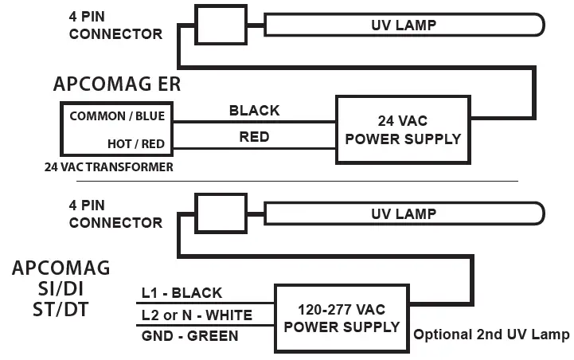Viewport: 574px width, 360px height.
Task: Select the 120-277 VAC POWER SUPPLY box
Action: (x=342, y=319)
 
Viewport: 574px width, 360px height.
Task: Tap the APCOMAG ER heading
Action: (x=117, y=85)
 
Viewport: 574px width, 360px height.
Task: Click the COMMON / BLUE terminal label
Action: (x=117, y=116)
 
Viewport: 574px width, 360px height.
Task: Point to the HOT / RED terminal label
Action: (x=136, y=144)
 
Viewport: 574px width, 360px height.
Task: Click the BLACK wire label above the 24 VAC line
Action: (x=254, y=111)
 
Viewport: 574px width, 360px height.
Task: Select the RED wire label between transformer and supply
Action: (x=254, y=137)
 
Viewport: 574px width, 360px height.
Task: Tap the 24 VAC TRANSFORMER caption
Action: (x=109, y=167)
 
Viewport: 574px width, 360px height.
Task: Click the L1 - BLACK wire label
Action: (x=182, y=293)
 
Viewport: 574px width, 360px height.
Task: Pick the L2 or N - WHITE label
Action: (x=197, y=315)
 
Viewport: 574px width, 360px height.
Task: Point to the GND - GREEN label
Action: (x=189, y=336)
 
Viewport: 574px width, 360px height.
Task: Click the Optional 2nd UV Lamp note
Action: (x=491, y=335)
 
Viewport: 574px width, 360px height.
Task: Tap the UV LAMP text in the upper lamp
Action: (x=404, y=25)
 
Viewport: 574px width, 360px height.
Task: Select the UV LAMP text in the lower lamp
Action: (x=404, y=213)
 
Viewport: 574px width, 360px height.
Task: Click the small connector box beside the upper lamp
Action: (x=220, y=26)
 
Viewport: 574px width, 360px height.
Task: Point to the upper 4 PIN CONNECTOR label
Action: (x=115, y=25)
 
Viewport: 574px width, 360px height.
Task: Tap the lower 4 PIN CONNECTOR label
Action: (x=115, y=214)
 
